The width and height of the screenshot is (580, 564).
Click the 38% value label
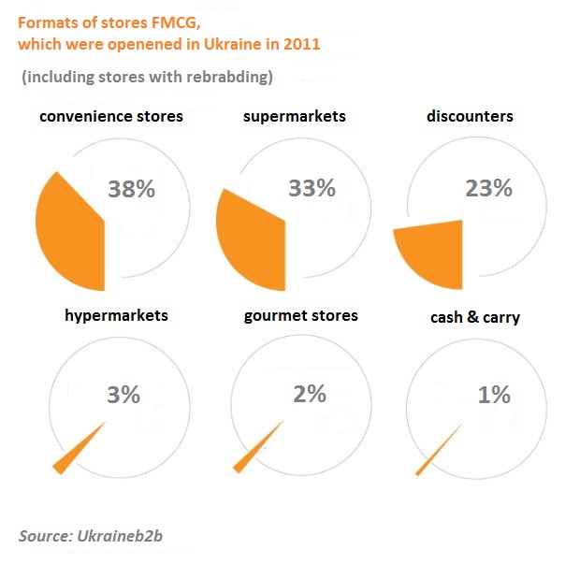coord(131,188)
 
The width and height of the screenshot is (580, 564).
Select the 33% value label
coord(312,188)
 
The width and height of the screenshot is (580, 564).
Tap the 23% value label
coord(488,188)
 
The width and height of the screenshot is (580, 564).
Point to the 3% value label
coord(123,395)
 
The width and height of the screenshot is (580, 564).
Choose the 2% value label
coord(309,394)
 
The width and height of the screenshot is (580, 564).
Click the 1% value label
coord(493,395)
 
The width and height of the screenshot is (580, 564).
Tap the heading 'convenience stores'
coord(111,117)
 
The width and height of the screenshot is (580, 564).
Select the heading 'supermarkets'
coord(294,117)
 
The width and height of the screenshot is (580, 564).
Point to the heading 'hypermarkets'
coord(116,315)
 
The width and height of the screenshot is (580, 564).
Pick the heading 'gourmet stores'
coord(300,315)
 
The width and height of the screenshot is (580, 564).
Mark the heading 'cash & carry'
coord(475,318)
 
